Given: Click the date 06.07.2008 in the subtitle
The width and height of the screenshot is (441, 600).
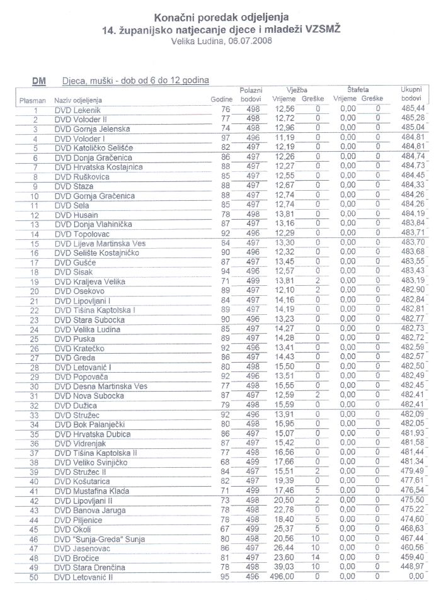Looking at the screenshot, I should (x=249, y=41).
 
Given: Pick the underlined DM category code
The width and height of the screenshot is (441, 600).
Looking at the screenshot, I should (x=38, y=81).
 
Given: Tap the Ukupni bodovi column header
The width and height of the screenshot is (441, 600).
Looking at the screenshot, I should (x=411, y=94).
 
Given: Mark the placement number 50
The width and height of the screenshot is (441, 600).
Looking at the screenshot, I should (x=35, y=577).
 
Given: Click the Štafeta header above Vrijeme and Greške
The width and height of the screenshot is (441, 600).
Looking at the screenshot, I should (x=358, y=90).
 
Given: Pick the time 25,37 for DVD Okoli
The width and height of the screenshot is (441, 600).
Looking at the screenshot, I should (x=285, y=529).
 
